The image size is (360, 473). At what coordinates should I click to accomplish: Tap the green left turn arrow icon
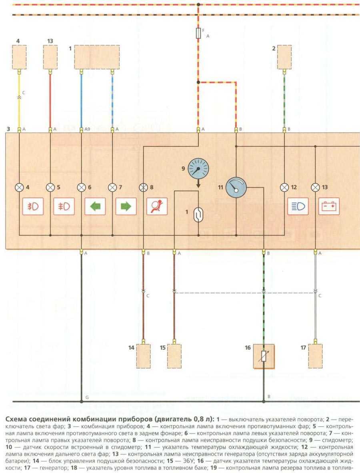(95, 206)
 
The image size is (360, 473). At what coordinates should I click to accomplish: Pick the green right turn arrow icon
(126, 206)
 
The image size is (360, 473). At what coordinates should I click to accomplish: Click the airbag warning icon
(157, 206)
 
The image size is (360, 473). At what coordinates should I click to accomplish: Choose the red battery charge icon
(329, 206)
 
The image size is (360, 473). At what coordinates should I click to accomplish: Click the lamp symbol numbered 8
(143, 187)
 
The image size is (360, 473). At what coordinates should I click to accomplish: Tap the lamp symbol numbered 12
(284, 187)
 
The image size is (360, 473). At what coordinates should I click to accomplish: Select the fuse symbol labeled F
(198, 33)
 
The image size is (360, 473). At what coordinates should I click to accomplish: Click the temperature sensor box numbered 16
(263, 356)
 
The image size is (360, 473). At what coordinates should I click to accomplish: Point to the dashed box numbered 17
(315, 356)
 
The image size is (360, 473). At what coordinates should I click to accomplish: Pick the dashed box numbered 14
(143, 356)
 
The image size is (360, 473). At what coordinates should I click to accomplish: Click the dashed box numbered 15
(174, 356)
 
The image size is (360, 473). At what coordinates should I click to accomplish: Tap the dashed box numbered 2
(284, 56)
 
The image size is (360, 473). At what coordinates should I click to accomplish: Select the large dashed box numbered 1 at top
(97, 56)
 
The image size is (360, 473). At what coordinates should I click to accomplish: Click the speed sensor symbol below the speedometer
(198, 215)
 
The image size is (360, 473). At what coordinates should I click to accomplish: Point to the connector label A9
(88, 129)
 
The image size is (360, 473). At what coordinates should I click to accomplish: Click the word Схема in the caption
(16, 419)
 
